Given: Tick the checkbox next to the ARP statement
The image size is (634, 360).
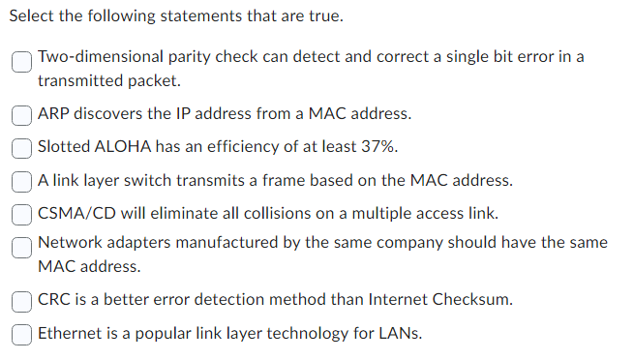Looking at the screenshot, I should pos(23,114).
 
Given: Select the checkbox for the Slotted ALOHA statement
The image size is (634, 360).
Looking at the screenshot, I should pos(23,147).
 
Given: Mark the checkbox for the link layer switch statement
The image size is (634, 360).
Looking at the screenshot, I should pos(23,180).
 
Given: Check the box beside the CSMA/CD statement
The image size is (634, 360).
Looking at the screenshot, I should pos(23,213).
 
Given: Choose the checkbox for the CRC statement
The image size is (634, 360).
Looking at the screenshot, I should pos(23,300).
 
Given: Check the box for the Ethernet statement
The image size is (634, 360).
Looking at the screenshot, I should pos(23,334).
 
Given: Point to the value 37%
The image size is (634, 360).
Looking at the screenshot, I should pos(377,147).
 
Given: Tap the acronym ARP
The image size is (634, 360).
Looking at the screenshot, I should pos(54,114).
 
